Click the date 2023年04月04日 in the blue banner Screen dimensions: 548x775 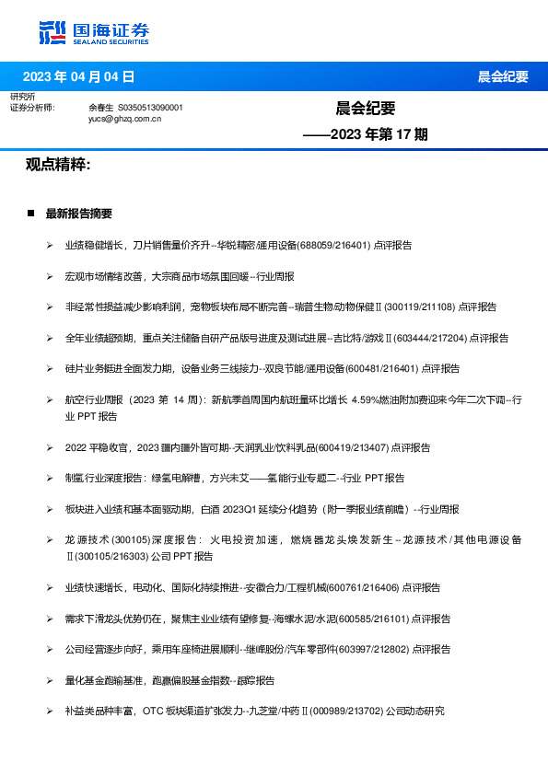tap(79, 76)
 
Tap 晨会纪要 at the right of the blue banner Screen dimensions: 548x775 tap(502, 76)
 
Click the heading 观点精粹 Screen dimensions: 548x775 tap(57, 165)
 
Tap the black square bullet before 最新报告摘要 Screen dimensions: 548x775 tap(30, 214)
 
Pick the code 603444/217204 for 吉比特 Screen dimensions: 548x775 tap(432, 338)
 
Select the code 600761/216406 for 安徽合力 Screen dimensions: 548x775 tap(364, 587)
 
